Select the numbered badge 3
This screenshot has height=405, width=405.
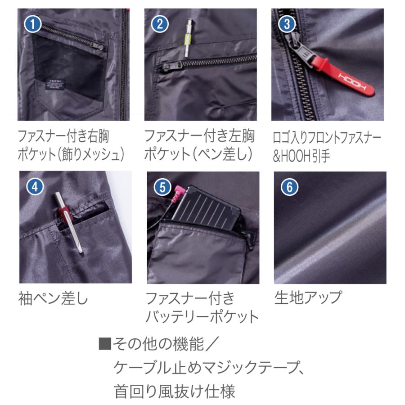[287, 23]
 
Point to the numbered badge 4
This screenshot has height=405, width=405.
[35, 185]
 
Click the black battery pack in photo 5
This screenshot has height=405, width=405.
[207, 210]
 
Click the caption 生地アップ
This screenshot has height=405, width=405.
[308, 297]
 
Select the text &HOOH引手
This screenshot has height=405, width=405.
[301, 156]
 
